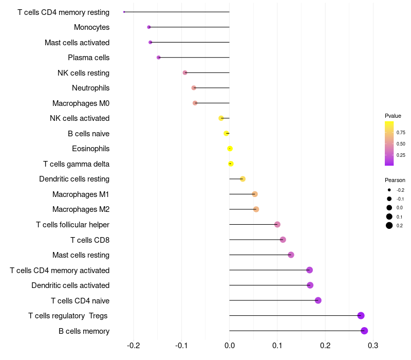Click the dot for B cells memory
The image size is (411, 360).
tap(364, 331)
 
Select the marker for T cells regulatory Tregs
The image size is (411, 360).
tap(361, 315)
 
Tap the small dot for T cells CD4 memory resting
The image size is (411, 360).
tap(124, 12)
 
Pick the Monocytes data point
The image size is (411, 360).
tap(149, 27)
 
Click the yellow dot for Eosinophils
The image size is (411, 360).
tap(230, 149)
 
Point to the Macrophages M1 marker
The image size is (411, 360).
tap(255, 194)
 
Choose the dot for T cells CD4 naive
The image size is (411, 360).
tap(318, 300)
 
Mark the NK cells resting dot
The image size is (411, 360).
tap(185, 73)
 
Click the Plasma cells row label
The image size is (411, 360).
tap(88, 58)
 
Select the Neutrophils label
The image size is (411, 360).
tap(91, 88)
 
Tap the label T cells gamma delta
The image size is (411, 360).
tap(76, 164)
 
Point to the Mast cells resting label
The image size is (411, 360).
tap(81, 255)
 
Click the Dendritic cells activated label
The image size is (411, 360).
tap(70, 285)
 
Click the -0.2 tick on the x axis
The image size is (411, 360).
tap(134, 345)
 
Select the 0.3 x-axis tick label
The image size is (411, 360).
tap(373, 345)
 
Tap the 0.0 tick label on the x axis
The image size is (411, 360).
tap(229, 345)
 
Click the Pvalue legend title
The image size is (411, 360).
tap(393, 116)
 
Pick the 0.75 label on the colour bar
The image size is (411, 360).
tap(401, 133)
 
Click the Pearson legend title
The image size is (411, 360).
tap(395, 180)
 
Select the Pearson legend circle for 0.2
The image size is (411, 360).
tap(389, 225)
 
